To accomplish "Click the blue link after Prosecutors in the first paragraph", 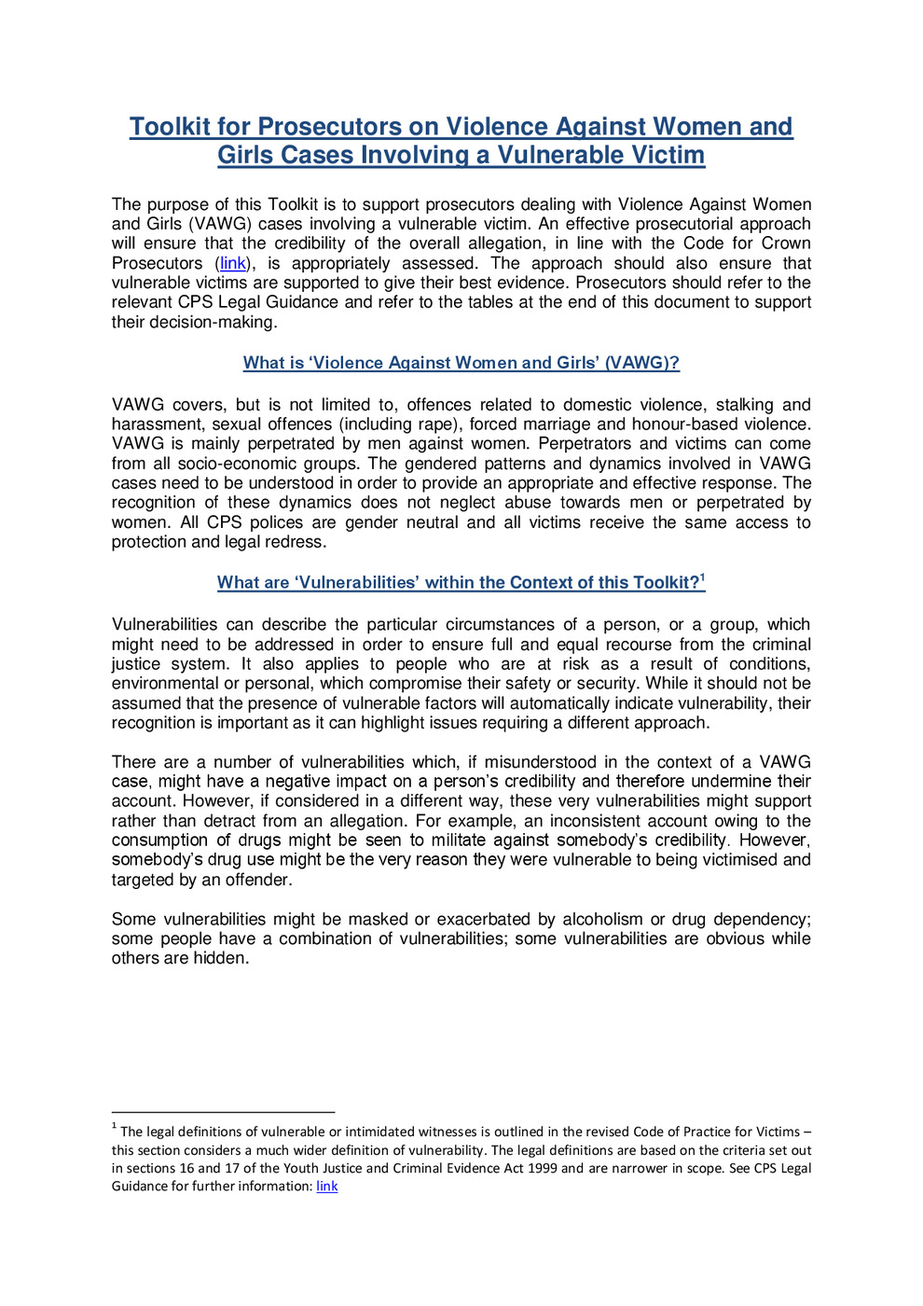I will (233, 264).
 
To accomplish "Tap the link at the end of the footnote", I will (327, 1187).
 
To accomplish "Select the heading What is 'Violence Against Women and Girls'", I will (461, 363).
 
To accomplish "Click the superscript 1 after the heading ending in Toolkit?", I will (703, 578).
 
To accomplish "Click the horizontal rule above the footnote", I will (223, 1112).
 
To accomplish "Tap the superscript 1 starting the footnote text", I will (114, 1128).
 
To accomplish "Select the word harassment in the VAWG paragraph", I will (155, 424).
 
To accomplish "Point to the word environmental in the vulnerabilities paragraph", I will (163, 684).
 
